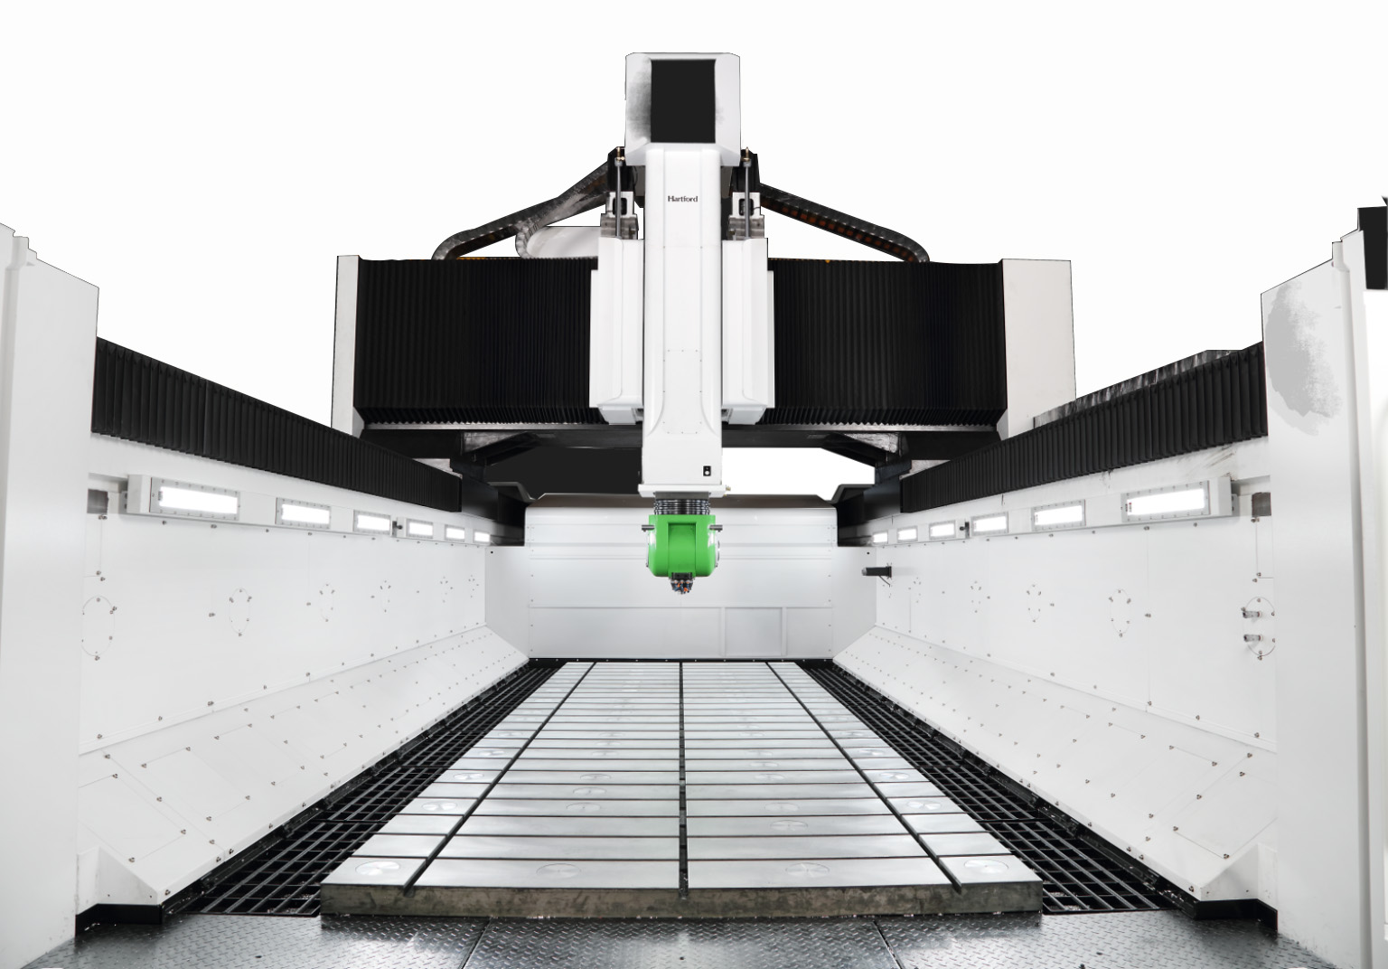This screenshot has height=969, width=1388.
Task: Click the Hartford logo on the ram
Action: (682, 198)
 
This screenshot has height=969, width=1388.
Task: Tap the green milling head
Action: (681, 546)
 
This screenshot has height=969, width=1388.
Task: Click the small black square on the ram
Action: (705, 471)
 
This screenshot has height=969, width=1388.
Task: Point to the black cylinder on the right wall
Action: (877, 570)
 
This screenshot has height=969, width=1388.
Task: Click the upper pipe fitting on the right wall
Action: (1251, 613)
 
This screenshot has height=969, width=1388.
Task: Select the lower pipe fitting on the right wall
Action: (1251, 637)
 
